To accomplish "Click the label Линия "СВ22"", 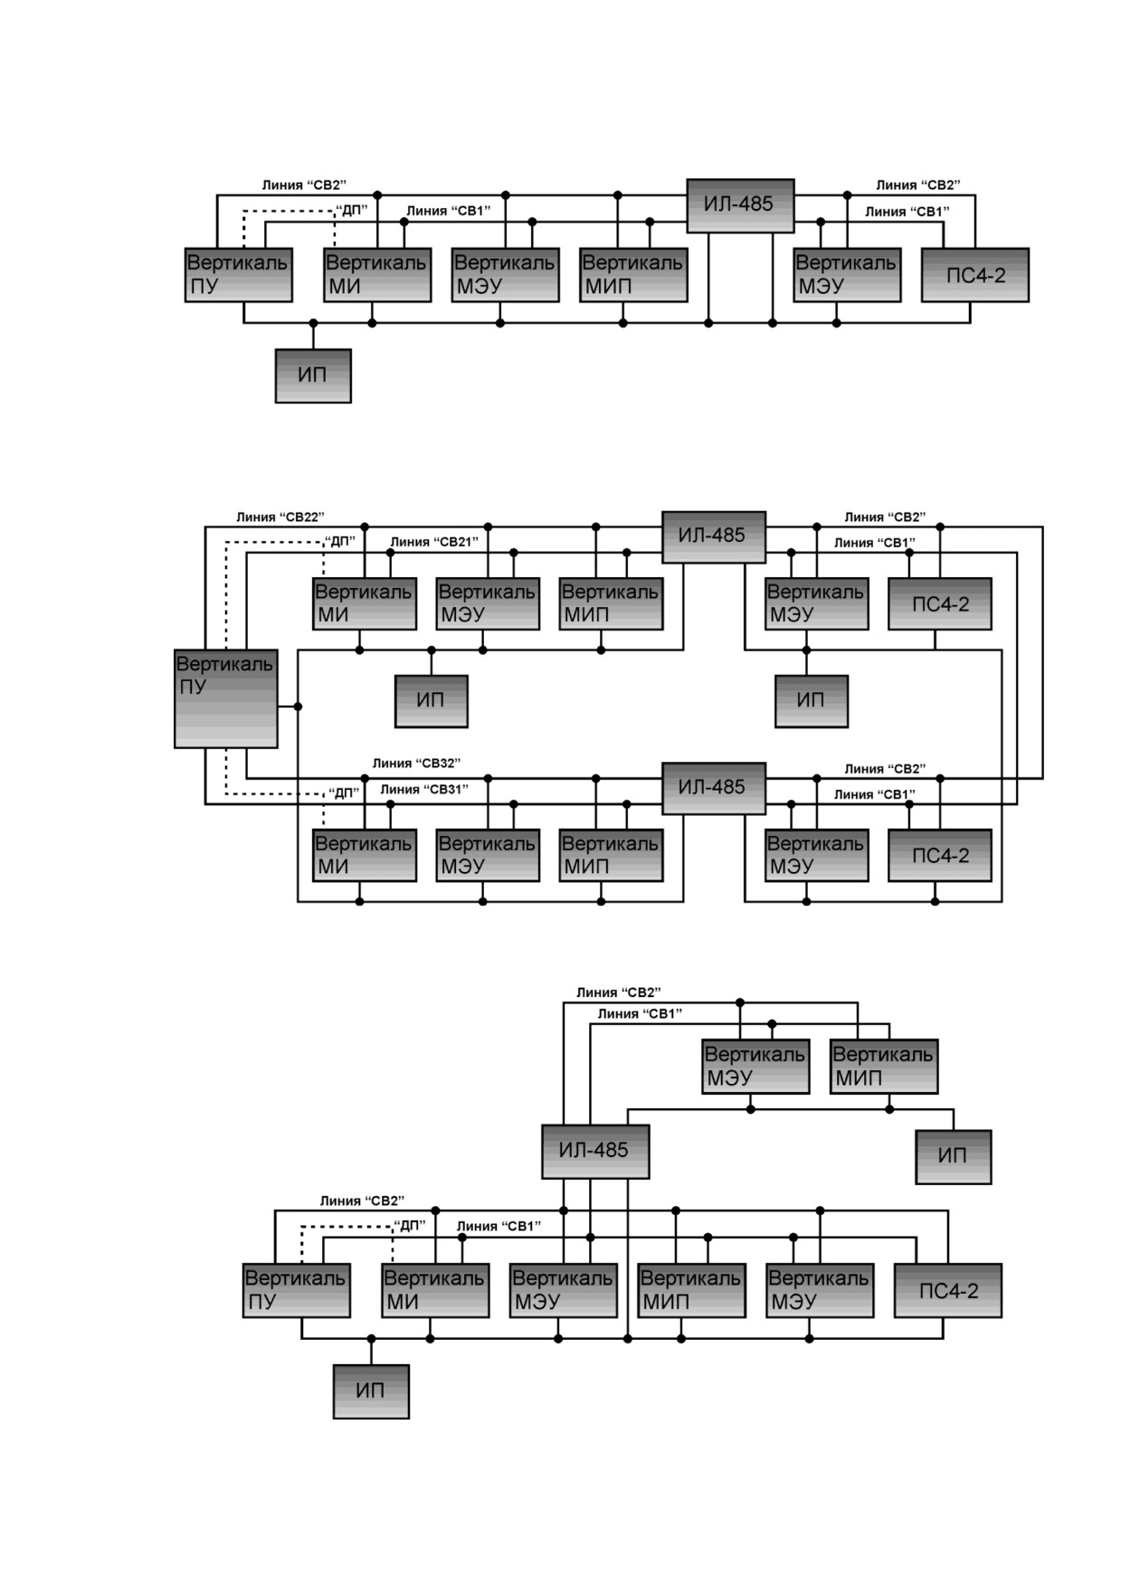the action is [x=280, y=517].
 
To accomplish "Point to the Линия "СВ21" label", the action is [x=433, y=542].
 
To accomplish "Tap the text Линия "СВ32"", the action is [x=416, y=764].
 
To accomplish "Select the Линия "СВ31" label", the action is [x=423, y=790].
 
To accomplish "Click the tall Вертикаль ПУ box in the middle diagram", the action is [x=226, y=698].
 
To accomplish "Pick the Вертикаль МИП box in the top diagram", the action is [x=633, y=275].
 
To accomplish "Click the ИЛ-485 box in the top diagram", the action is [x=740, y=205].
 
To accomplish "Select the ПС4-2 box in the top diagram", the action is [x=975, y=275].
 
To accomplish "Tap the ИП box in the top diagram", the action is [x=313, y=375].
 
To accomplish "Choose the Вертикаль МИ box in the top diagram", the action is [x=377, y=275].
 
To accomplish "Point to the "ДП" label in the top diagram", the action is [x=351, y=210].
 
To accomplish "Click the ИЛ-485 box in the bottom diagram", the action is [x=595, y=1152].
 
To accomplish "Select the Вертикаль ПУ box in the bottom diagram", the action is [x=297, y=1291].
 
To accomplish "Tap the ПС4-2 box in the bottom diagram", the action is [x=948, y=1291].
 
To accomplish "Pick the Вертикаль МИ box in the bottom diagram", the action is [x=435, y=1291].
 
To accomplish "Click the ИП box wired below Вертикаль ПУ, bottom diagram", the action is [x=371, y=1391].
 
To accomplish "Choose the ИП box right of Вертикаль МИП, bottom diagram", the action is [x=954, y=1157].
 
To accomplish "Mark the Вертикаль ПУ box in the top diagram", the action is [x=239, y=275].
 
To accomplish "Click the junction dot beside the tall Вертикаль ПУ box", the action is [x=298, y=707].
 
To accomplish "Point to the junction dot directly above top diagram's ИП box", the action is [x=313, y=323].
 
